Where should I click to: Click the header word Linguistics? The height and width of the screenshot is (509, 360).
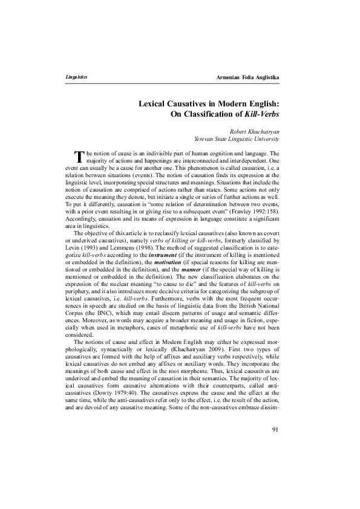pyautogui.click(x=76, y=78)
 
